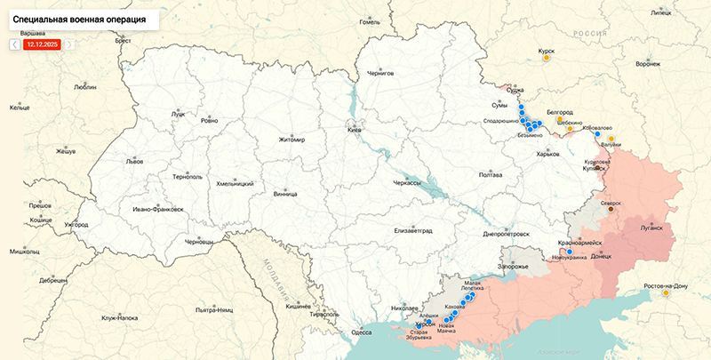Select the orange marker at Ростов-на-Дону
(665, 295)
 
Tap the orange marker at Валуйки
(611, 138)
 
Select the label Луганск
(651, 228)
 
